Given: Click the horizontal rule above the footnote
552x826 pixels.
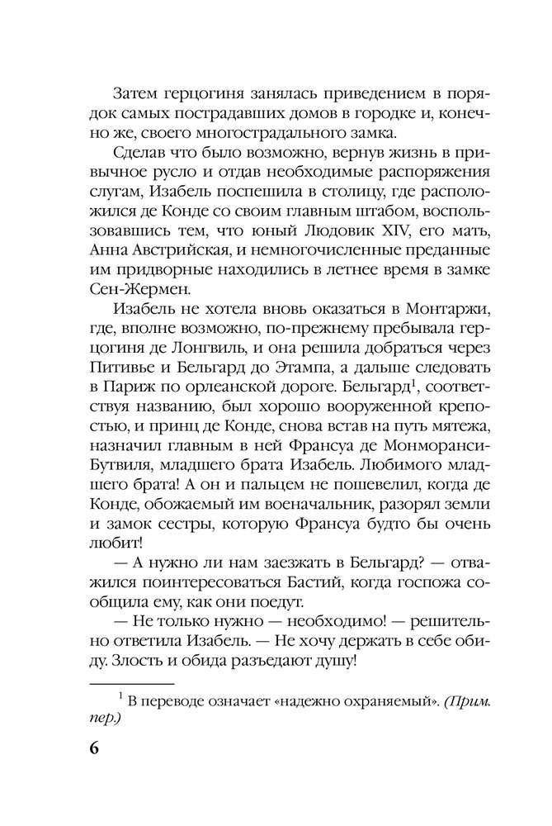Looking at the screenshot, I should tap(131, 684).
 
